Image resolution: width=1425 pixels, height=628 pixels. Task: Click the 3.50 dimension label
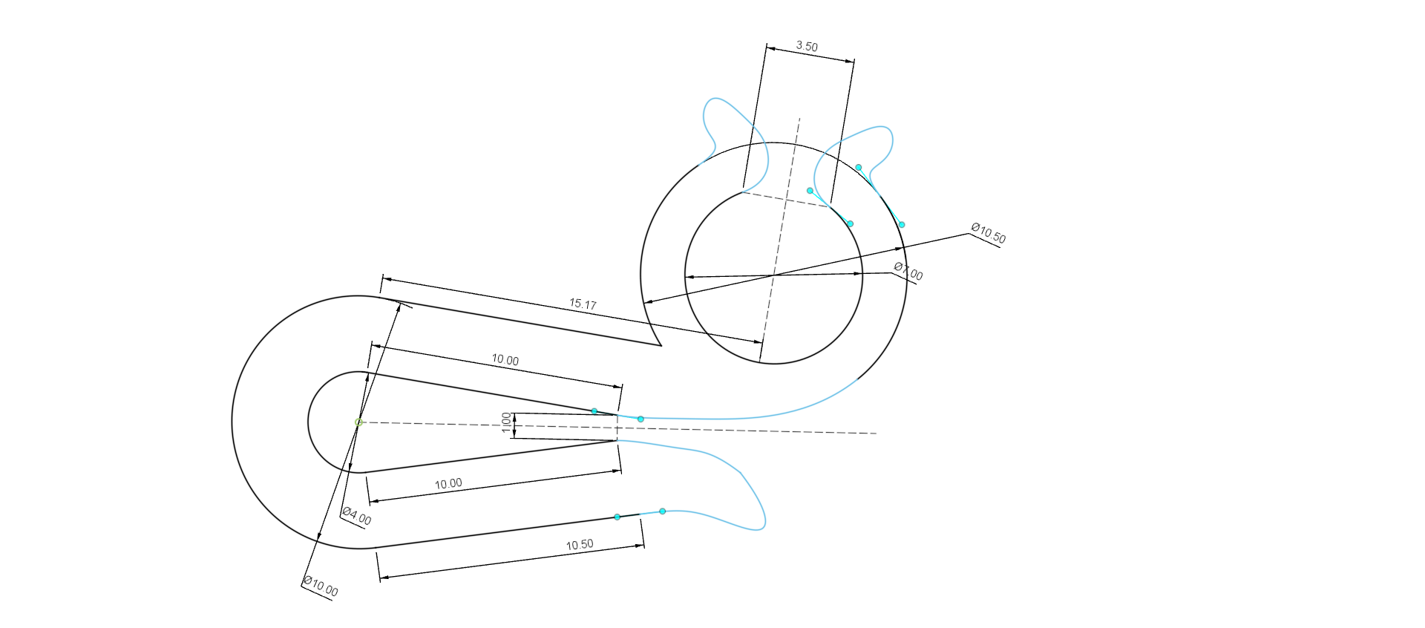click(x=807, y=46)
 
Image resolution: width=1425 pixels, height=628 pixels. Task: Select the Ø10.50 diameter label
click(x=989, y=233)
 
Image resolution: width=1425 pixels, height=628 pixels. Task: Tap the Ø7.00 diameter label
click(x=908, y=271)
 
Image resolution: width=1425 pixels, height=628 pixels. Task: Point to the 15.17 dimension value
click(x=583, y=304)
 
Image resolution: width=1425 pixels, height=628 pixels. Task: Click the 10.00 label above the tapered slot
click(x=505, y=360)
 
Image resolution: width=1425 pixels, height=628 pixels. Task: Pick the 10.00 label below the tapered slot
click(x=448, y=484)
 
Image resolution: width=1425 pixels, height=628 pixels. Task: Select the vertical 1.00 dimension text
click(x=507, y=422)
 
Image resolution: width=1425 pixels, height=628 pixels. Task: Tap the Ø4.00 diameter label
click(x=357, y=516)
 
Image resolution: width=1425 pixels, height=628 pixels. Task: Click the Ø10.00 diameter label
click(x=321, y=586)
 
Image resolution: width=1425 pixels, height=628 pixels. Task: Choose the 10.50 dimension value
click(x=580, y=545)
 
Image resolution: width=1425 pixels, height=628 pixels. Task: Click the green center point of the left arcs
click(x=358, y=422)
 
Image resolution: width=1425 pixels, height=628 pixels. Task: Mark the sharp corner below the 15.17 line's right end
click(x=661, y=345)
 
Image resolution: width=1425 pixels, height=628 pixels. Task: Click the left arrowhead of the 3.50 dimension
click(x=770, y=49)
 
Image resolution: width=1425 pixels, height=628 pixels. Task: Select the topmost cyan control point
click(x=859, y=168)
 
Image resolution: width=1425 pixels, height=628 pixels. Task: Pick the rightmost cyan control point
click(x=902, y=224)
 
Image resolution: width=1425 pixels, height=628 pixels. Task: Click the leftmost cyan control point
click(x=594, y=411)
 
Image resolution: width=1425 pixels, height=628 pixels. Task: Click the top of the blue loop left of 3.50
click(x=715, y=98)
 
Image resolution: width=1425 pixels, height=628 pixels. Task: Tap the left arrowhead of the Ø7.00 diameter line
click(x=689, y=277)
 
